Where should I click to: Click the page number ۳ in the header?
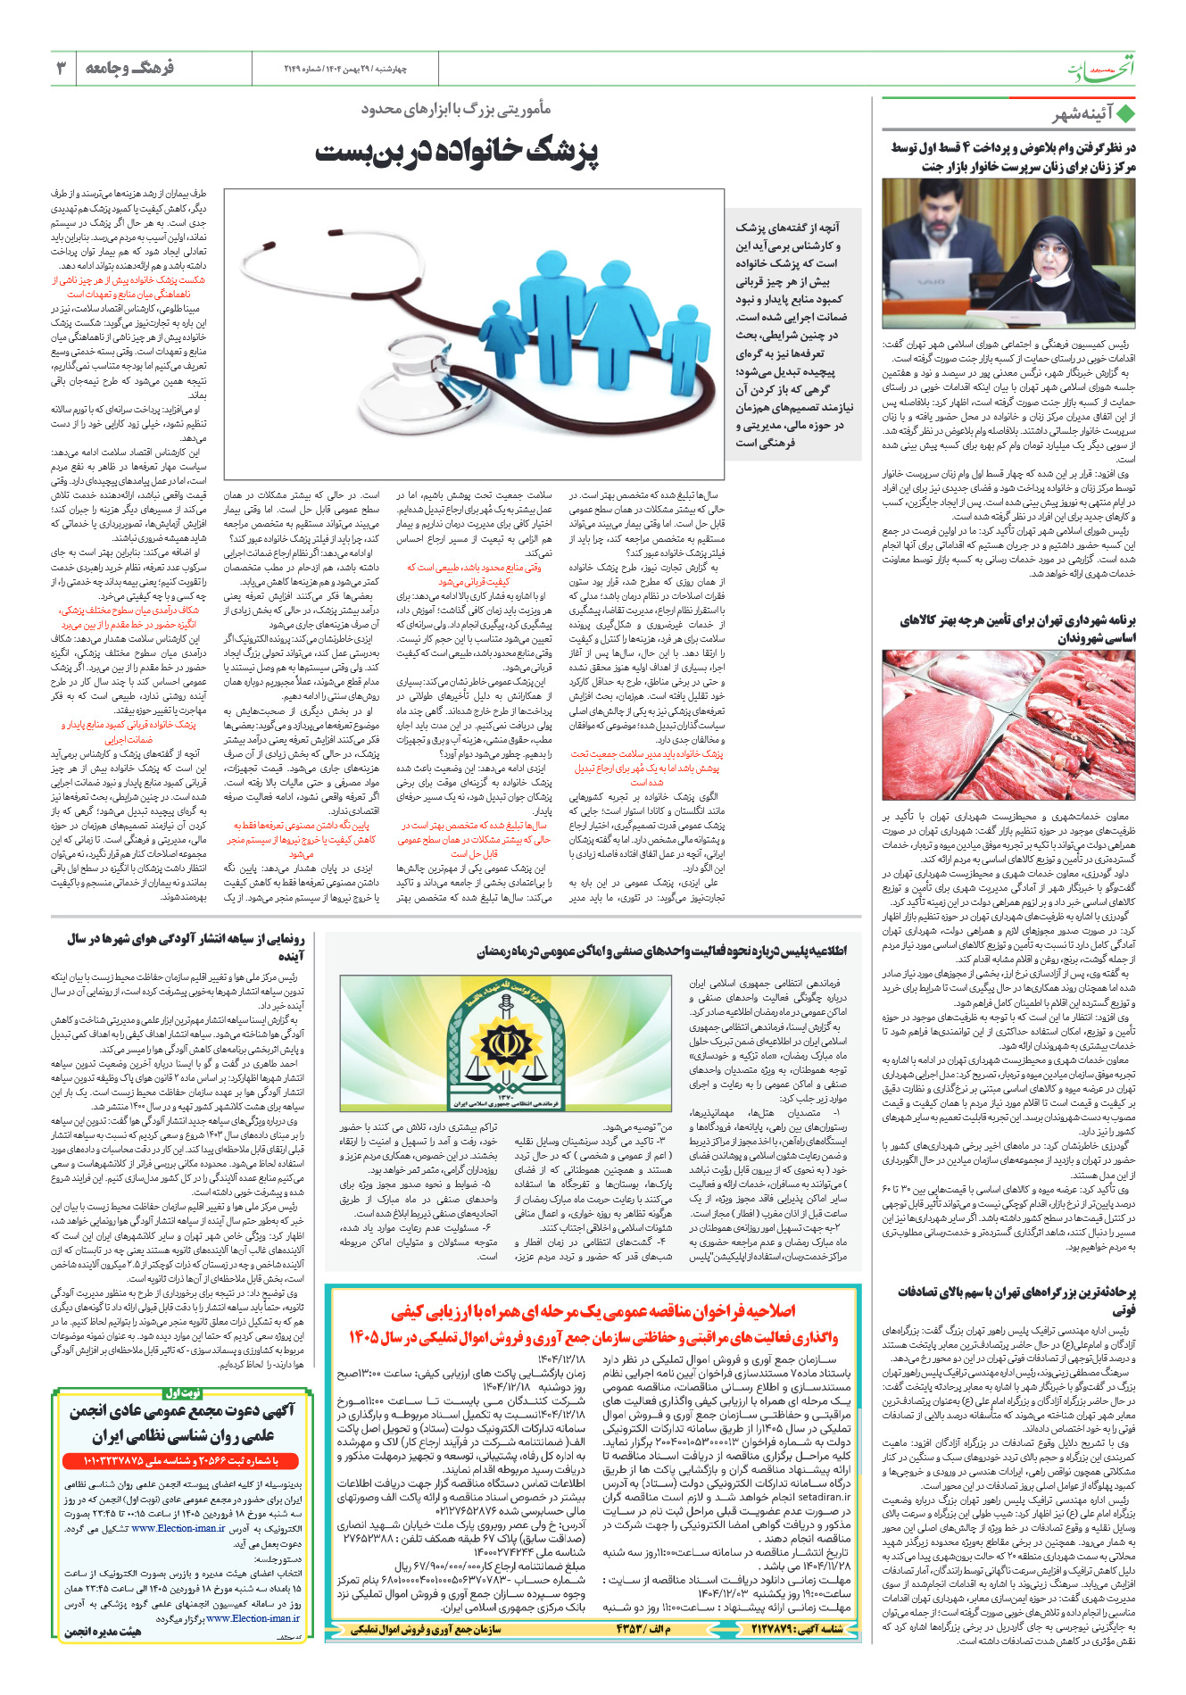62,68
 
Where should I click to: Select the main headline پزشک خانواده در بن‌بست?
456,152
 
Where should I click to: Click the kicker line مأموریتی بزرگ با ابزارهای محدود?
456,109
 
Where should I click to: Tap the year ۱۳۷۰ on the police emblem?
505,1097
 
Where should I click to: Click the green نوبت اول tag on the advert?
184,1392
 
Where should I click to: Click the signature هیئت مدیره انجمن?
103,1632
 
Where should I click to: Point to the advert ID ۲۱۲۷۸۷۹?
784,1627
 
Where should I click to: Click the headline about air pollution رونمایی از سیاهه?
186,946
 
